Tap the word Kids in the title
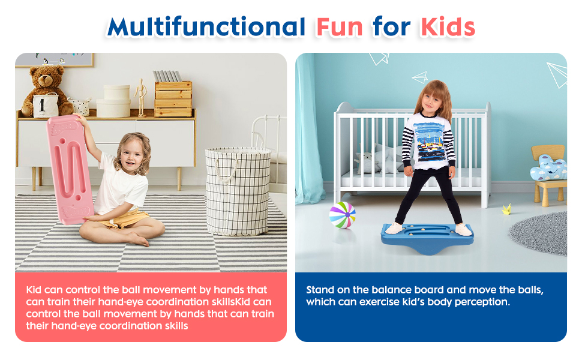[x=448, y=26]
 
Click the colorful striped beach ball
[x=342, y=215]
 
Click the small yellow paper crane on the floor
[x=508, y=209]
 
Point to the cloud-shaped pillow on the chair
[x=549, y=167]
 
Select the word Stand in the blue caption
[x=320, y=290]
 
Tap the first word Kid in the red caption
[x=34, y=290]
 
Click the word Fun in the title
[x=338, y=26]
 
